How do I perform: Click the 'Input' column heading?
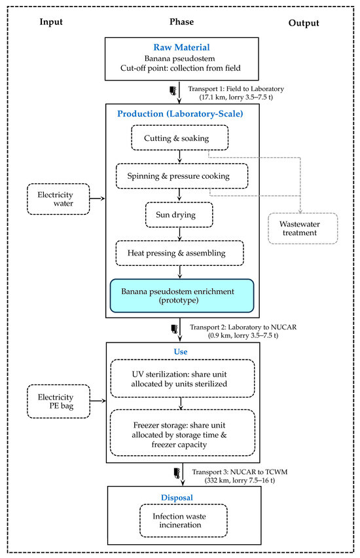(x=51, y=22)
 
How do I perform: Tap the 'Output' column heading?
(x=304, y=23)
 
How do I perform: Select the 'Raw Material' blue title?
(x=181, y=47)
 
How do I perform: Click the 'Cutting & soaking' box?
(x=179, y=138)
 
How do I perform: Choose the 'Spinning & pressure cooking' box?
(x=182, y=176)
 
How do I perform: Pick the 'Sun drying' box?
(x=179, y=215)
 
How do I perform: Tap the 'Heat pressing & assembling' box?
(x=179, y=253)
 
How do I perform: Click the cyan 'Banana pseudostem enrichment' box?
(x=182, y=296)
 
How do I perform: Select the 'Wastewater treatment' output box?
(x=302, y=229)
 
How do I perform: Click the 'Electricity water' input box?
(x=58, y=199)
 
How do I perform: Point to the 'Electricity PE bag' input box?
(x=59, y=401)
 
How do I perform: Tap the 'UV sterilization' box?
(x=183, y=379)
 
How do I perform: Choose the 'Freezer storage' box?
(x=183, y=433)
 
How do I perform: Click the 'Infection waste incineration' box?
(x=183, y=520)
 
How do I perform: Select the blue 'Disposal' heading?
(x=177, y=498)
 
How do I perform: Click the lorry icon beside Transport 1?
(x=173, y=91)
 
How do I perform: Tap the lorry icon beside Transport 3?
(x=177, y=473)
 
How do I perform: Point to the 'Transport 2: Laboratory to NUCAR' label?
(x=243, y=327)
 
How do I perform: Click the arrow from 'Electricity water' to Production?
(x=98, y=198)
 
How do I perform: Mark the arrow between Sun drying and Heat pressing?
(x=179, y=234)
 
